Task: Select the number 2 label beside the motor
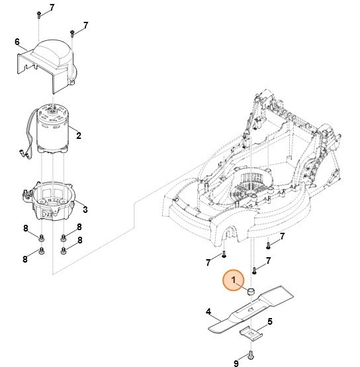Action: (x=79, y=136)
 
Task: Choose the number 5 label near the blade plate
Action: (x=270, y=322)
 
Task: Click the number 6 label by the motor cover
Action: (x=17, y=43)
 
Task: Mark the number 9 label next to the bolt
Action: (x=236, y=362)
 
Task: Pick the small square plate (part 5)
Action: (x=251, y=331)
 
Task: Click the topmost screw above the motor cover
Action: (x=40, y=13)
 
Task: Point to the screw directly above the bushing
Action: (x=254, y=270)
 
